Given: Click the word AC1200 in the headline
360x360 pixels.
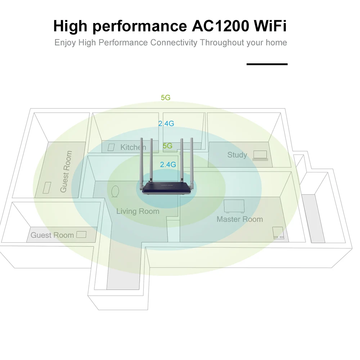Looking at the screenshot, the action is (x=220, y=26).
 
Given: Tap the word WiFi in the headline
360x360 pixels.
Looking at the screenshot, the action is (x=270, y=26).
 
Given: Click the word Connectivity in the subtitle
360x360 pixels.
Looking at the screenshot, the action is (x=174, y=43).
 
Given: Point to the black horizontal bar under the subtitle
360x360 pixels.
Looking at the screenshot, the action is (x=267, y=64).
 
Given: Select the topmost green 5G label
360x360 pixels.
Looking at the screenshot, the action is (x=166, y=98).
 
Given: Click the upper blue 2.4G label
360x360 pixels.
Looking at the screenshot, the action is (x=166, y=123).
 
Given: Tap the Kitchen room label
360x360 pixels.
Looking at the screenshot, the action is (x=133, y=147).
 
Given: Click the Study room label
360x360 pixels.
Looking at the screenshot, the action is (x=237, y=155).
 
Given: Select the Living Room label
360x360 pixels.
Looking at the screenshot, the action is (x=138, y=211).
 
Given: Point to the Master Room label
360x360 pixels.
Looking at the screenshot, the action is (x=240, y=219).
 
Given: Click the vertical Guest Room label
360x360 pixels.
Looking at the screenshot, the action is (x=66, y=171).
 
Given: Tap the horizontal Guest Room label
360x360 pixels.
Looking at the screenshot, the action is (x=52, y=235).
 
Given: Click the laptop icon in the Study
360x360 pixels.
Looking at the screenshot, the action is (x=260, y=156).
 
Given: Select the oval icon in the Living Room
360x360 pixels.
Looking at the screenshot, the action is (x=115, y=192).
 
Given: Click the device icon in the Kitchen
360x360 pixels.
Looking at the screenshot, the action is (x=111, y=147).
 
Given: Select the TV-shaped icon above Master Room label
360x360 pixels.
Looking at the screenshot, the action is (x=234, y=206).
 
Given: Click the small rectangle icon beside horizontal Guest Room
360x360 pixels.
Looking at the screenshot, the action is (x=81, y=234).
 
